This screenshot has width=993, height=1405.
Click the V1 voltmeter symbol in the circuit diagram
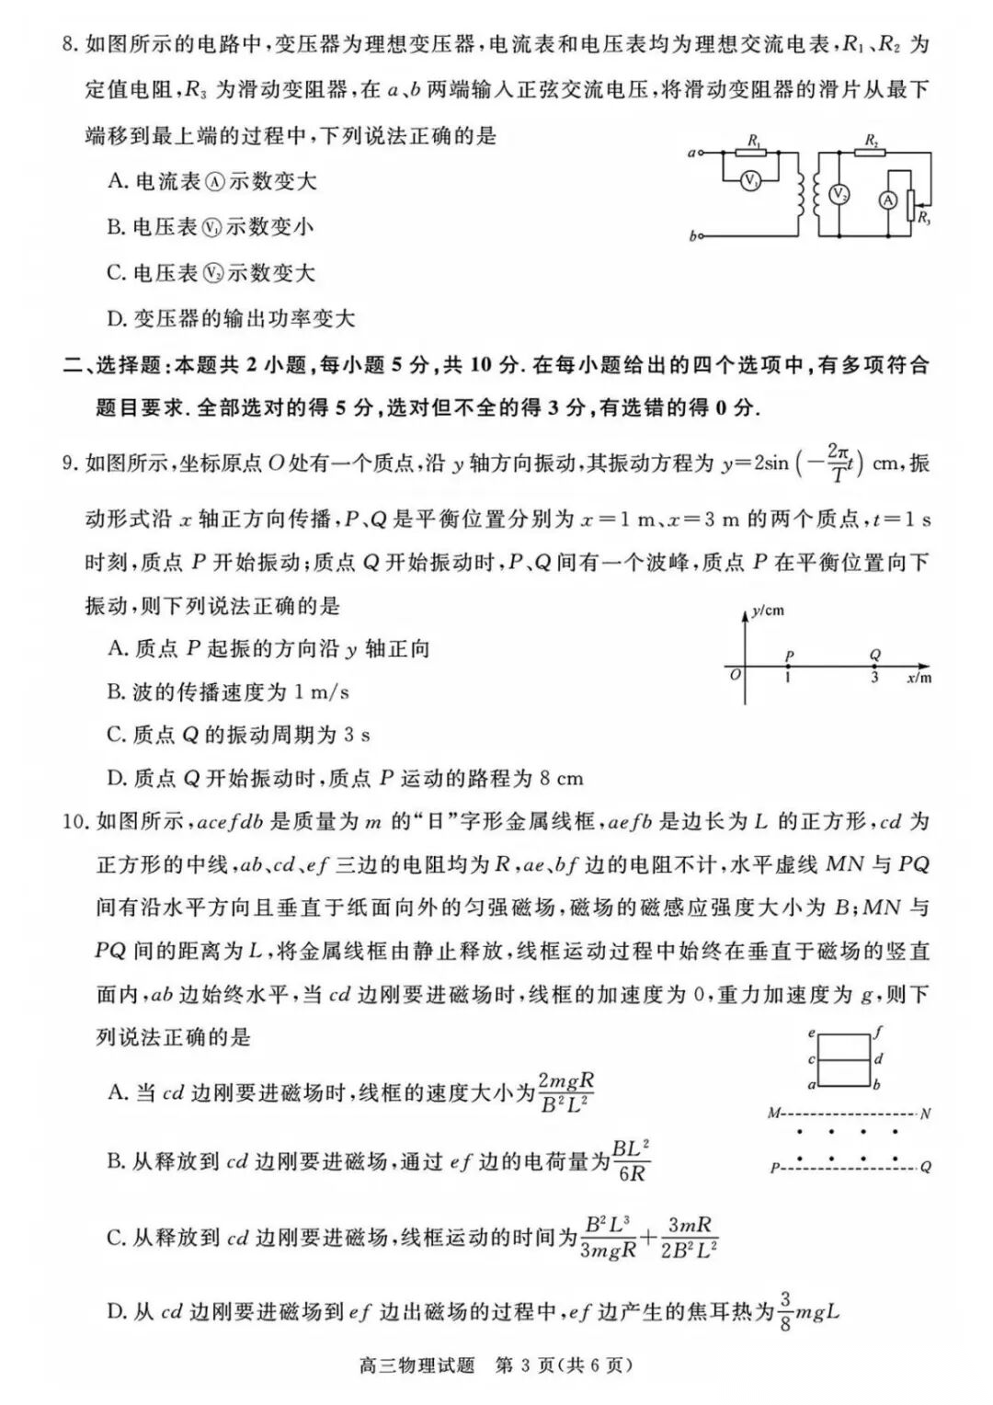pos(751,181)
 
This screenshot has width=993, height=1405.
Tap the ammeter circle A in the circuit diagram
pos(888,200)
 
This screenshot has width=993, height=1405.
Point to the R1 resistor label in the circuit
pos(755,141)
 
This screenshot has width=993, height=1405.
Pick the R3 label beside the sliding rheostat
pos(922,218)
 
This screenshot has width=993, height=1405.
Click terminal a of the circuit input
pos(691,153)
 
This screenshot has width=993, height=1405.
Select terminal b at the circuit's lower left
pos(693,236)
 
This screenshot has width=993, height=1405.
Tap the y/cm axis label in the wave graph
pos(767,611)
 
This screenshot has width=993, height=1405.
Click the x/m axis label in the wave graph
pos(919,679)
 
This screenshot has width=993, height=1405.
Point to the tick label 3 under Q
pos(874,678)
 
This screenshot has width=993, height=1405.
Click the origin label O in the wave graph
pos(734,675)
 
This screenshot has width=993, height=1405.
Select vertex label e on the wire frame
pos(811,1034)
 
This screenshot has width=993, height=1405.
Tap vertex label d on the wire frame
pos(879,1059)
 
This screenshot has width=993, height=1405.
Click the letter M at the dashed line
pos(773,1114)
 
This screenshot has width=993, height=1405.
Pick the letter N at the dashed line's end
pos(925,1114)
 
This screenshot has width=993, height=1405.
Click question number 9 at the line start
pos(69,463)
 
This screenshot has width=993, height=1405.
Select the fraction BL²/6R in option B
pos(631,1160)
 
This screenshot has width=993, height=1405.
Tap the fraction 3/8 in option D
pos(785,1312)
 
